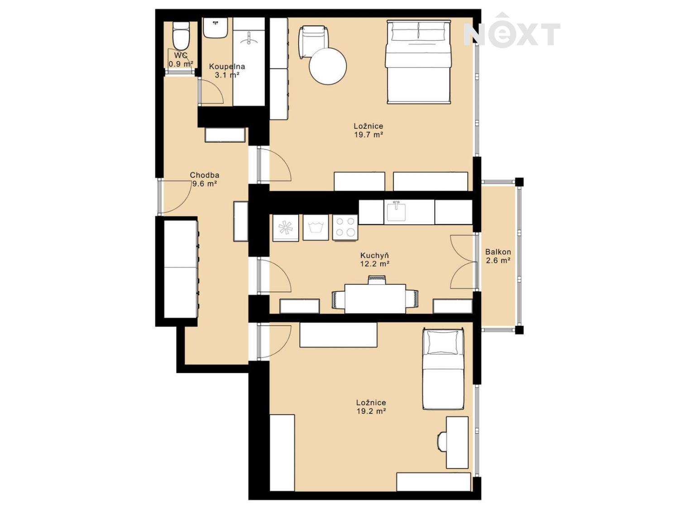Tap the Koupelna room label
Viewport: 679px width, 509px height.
(x=227, y=67)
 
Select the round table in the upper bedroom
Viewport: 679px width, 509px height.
(x=328, y=66)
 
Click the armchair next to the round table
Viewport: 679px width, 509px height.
(x=313, y=42)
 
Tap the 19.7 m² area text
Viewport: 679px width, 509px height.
(x=368, y=135)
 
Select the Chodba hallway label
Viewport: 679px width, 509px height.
(x=205, y=175)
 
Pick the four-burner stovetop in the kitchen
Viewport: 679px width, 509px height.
(x=345, y=227)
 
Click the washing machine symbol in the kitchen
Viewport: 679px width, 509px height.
(x=316, y=228)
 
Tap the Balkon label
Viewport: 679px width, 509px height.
(x=498, y=252)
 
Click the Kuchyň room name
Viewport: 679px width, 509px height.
(x=374, y=255)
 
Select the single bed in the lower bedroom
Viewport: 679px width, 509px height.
(x=443, y=369)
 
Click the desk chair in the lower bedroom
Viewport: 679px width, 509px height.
(x=442, y=442)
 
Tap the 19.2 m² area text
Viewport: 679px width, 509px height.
(x=371, y=411)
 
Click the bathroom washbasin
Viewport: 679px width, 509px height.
(x=215, y=28)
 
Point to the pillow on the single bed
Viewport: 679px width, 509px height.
(x=443, y=342)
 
